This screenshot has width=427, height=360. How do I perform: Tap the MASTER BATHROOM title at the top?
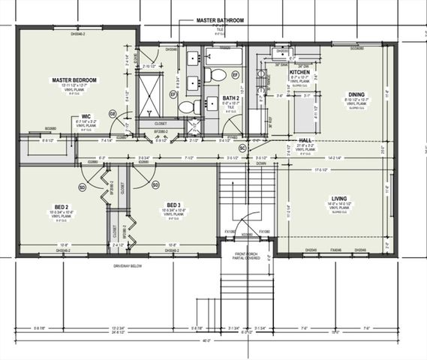click(220, 20)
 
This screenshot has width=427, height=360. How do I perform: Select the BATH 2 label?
click(230, 98)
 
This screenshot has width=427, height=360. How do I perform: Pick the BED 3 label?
click(174, 205)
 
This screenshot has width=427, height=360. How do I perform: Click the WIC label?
click(86, 116)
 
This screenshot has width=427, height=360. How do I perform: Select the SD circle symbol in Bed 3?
click(155, 184)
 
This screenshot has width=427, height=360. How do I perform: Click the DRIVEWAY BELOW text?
click(130, 265)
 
